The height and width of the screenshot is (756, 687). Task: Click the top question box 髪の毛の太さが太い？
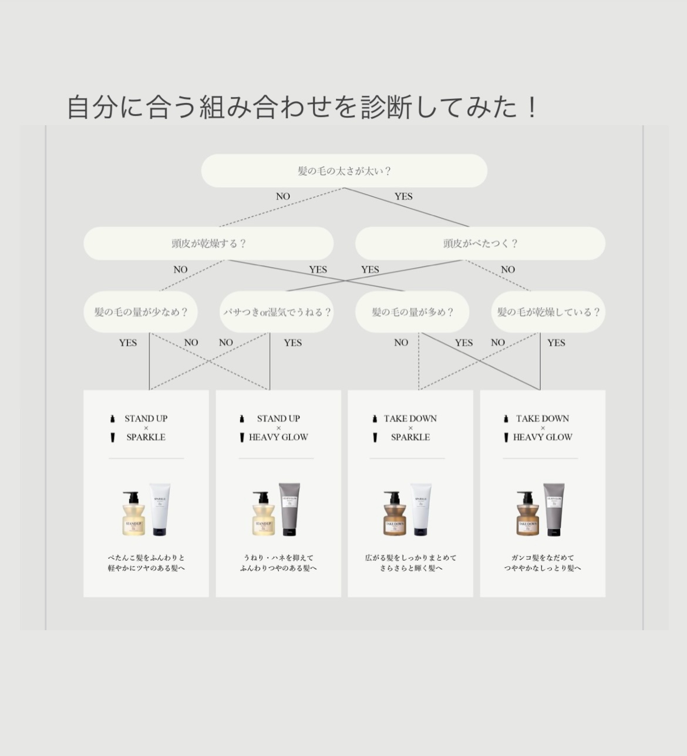point(344,171)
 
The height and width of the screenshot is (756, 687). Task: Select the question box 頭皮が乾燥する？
point(208,243)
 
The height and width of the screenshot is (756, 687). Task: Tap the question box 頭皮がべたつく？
point(480,243)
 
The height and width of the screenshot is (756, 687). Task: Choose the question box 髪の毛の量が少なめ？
point(140,312)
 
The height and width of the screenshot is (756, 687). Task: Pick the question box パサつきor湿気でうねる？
point(277,312)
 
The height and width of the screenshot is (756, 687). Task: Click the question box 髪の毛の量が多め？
point(412,312)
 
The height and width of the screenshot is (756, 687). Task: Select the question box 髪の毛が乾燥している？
point(548,312)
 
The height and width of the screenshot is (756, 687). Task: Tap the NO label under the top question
point(283,196)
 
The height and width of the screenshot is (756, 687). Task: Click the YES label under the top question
point(403,196)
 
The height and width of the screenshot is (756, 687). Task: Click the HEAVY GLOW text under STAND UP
point(278,437)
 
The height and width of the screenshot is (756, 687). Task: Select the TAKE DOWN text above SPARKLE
point(410,419)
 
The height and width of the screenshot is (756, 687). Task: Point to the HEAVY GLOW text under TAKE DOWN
point(543,437)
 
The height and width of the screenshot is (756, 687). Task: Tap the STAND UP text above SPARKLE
point(146,419)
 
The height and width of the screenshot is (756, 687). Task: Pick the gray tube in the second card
point(289,509)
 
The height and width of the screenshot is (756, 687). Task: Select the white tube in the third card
point(421,509)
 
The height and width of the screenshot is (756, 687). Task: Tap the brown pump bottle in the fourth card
point(527,514)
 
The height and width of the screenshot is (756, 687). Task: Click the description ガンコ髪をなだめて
point(543,557)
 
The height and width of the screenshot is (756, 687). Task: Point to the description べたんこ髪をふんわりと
point(146,557)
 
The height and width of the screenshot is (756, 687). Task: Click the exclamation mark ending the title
point(532,108)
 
